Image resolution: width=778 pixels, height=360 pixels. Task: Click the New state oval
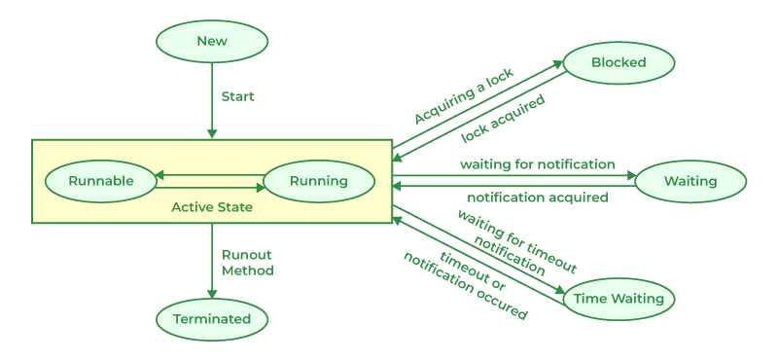212,41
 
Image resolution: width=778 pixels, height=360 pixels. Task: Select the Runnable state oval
100,180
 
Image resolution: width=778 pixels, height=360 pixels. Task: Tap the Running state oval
319,180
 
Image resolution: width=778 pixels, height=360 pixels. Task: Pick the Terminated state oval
212,319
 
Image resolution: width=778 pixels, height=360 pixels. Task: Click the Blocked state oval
619,63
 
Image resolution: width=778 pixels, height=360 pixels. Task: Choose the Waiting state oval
690,181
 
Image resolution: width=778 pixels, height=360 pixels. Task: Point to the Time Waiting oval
619,299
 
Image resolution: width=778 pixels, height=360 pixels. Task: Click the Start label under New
238,96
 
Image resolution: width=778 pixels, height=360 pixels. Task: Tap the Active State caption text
212,207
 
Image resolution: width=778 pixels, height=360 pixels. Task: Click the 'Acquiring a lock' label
465,95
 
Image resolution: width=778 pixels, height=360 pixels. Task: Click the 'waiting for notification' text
538,164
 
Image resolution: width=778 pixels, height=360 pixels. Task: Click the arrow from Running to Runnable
210,174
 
